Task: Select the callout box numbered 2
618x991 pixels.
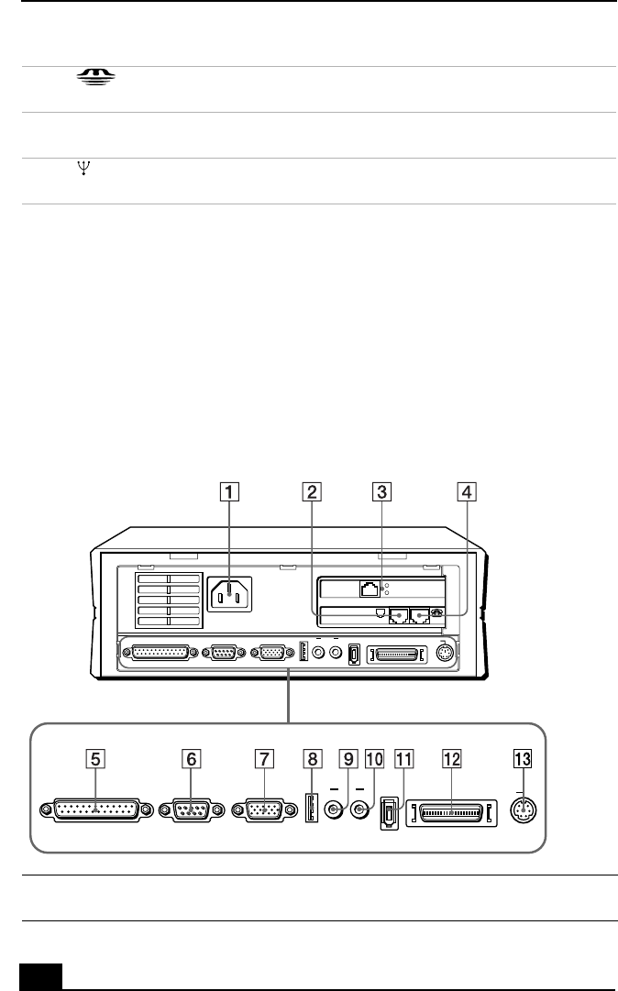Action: [314, 491]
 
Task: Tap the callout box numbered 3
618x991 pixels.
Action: [380, 491]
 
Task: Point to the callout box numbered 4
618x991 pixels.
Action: [468, 491]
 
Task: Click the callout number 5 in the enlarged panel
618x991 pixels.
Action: [96, 759]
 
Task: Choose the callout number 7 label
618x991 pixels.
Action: [263, 759]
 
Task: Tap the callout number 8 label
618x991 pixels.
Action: [314, 759]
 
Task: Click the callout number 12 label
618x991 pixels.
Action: [450, 759]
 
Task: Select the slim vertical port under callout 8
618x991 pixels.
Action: [309, 810]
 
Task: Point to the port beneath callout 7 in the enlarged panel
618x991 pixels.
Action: [263, 811]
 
